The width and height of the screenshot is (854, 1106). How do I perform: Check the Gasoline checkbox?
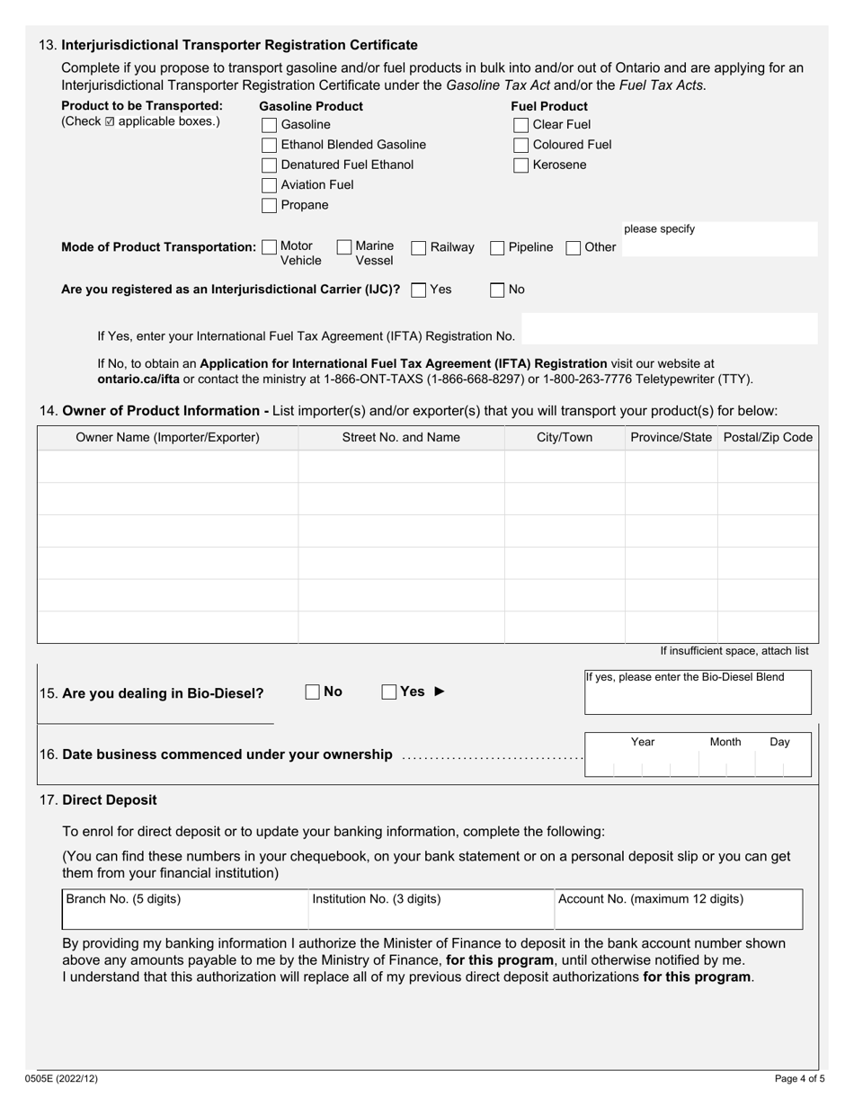[269, 125]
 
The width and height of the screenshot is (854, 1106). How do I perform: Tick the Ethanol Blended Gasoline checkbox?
[269, 145]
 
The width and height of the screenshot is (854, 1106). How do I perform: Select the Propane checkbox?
[269, 205]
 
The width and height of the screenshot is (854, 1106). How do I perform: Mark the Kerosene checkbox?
[520, 165]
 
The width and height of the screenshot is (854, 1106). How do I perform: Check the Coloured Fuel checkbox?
[520, 145]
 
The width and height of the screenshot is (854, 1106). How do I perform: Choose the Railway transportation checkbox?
[419, 248]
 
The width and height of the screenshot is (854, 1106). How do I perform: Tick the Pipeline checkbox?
[497, 248]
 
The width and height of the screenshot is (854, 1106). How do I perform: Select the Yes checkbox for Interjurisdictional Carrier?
[418, 290]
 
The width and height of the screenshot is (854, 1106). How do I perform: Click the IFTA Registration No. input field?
[669, 329]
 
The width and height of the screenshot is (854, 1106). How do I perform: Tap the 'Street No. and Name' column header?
[401, 438]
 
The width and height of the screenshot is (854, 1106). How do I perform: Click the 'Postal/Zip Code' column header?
[768, 438]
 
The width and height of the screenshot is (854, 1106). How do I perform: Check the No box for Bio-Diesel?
[313, 691]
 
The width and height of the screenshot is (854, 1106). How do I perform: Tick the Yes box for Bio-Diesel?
[389, 691]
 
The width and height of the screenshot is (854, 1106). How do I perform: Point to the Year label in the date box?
[643, 742]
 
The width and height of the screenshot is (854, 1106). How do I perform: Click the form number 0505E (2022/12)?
[61, 1078]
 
